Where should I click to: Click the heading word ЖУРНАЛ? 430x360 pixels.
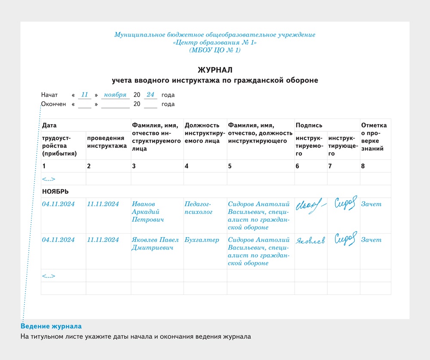click(x=215, y=70)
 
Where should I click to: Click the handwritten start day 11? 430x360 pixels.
click(x=85, y=95)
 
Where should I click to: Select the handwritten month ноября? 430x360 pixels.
click(x=115, y=95)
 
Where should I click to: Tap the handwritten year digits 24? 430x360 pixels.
click(x=150, y=95)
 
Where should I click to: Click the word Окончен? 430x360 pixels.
click(x=54, y=104)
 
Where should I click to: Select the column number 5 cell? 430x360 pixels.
click(x=230, y=166)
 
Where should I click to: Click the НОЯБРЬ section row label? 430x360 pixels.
click(x=55, y=191)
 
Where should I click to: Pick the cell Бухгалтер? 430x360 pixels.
click(x=202, y=240)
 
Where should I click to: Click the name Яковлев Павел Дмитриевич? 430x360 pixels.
click(x=154, y=244)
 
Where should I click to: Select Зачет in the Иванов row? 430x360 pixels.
click(x=371, y=204)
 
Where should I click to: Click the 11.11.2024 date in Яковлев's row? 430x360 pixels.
click(x=103, y=240)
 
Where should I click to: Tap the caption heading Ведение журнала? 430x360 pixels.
click(x=51, y=326)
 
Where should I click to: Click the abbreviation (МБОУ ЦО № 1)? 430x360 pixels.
click(x=215, y=50)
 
